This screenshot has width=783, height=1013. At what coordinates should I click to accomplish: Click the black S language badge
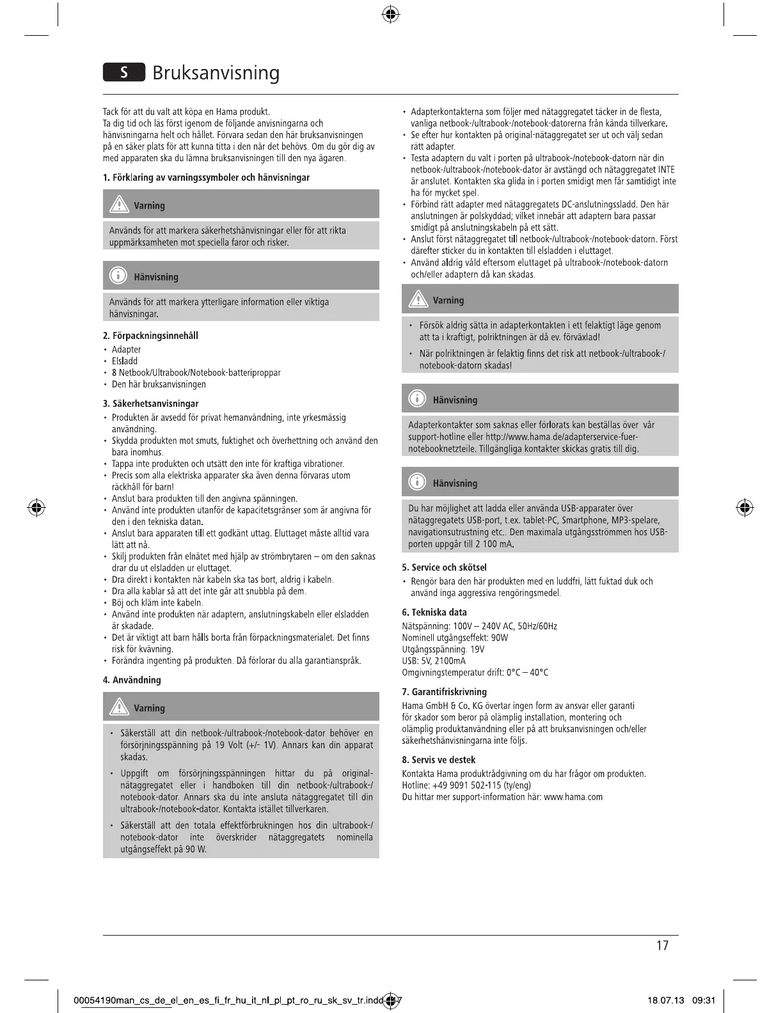pyautogui.click(x=124, y=72)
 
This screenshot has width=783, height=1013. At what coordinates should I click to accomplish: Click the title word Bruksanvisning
pyautogui.click(x=216, y=73)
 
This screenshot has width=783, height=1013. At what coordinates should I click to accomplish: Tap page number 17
pyautogui.click(x=662, y=945)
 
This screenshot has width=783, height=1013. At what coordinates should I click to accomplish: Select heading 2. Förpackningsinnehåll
pyautogui.click(x=150, y=335)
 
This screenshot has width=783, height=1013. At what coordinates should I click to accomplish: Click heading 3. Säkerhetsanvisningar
pyautogui.click(x=150, y=404)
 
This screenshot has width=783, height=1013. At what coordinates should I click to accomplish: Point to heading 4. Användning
pyautogui.click(x=132, y=680)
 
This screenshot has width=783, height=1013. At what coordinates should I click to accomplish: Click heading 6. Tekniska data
pyautogui.click(x=434, y=612)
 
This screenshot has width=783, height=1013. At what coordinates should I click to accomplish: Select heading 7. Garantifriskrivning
pyautogui.click(x=444, y=691)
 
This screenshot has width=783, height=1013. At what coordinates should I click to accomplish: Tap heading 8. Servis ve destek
pyautogui.click(x=439, y=760)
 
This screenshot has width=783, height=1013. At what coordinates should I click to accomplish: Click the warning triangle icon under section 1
pyautogui.click(x=118, y=205)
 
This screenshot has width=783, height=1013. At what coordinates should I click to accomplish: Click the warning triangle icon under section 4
pyautogui.click(x=118, y=707)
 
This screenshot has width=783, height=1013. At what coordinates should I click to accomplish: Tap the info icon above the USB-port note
pyautogui.click(x=417, y=482)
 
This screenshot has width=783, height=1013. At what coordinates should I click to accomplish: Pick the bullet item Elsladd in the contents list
pyautogui.click(x=125, y=361)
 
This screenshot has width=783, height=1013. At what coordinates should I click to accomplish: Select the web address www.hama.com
pyautogui.click(x=573, y=797)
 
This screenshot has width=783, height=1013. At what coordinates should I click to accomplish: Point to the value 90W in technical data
pyautogui.click(x=499, y=638)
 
